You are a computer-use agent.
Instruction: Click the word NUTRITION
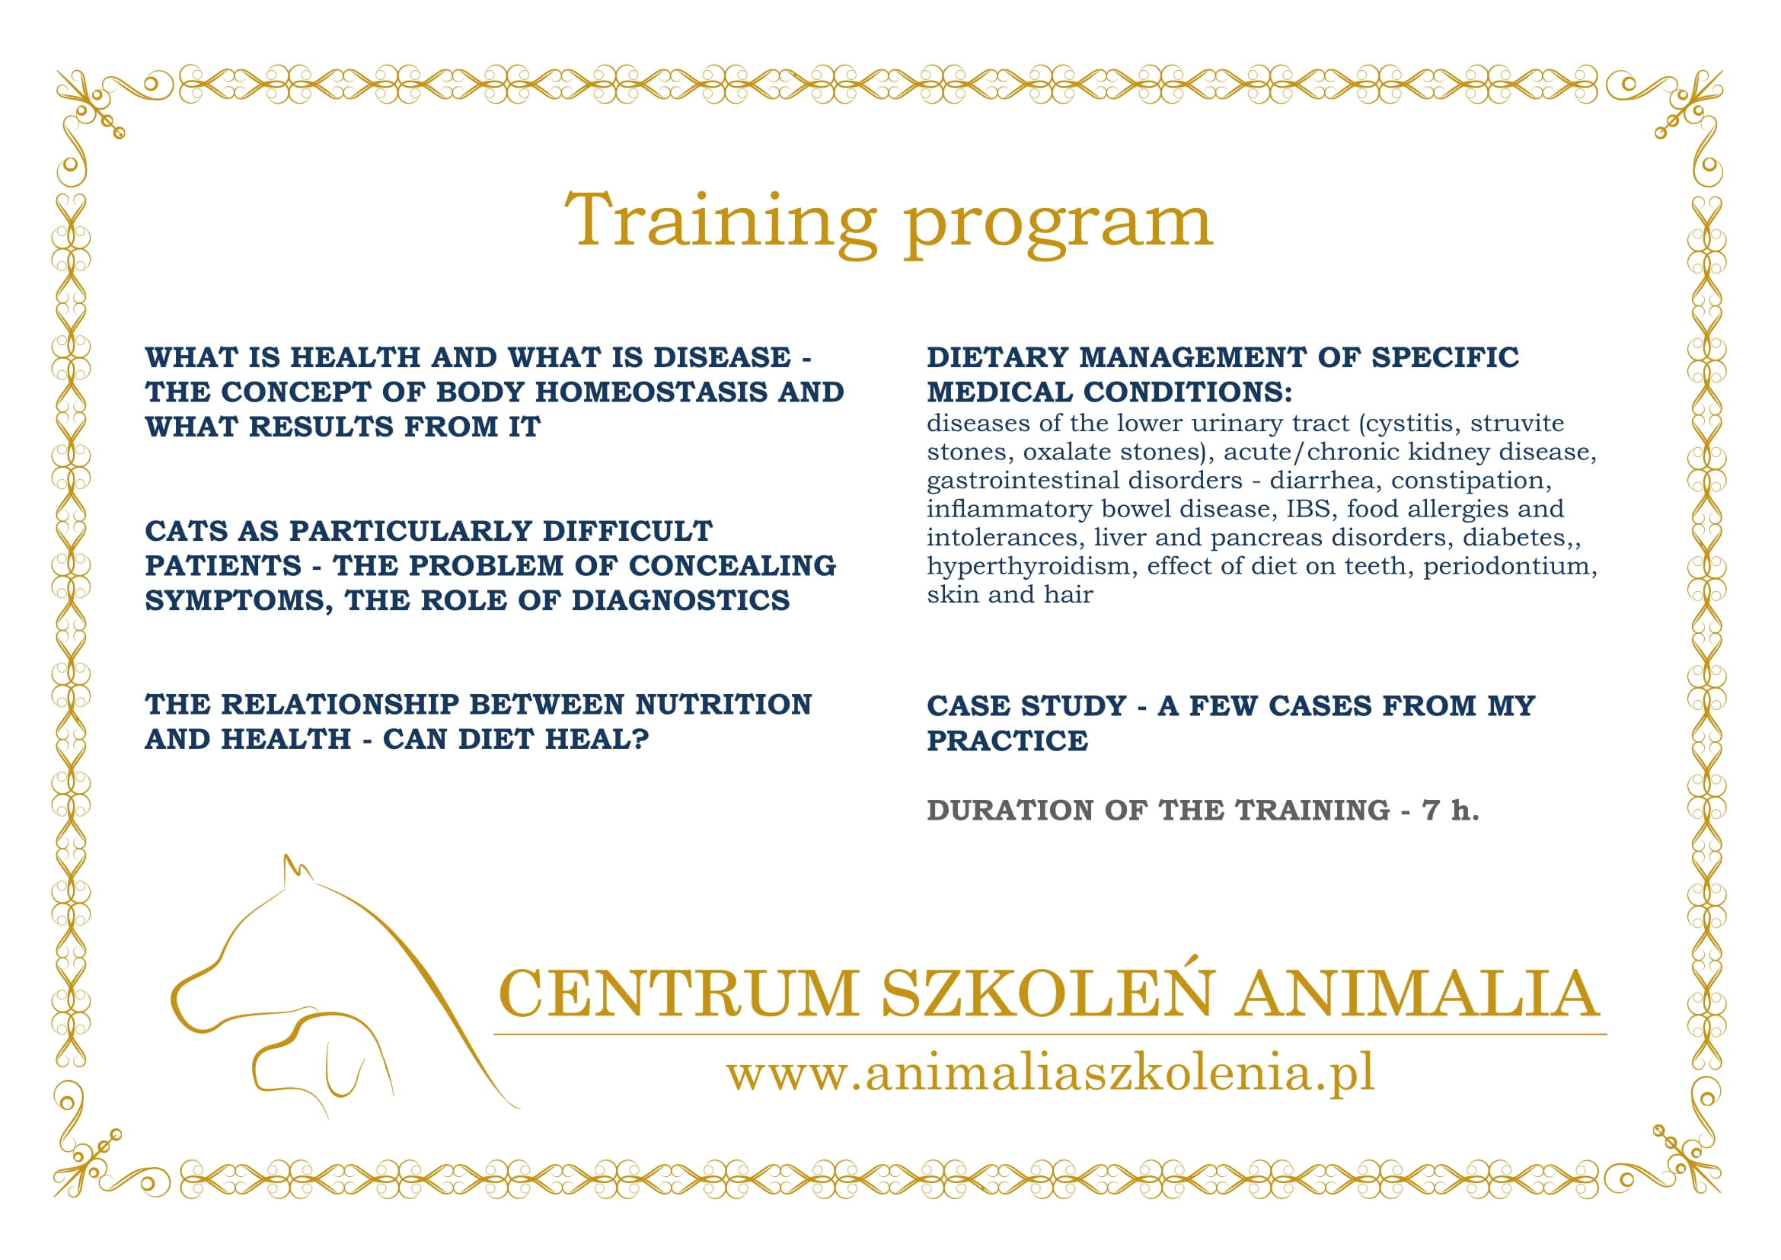(x=723, y=705)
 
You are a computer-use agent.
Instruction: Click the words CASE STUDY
(x=1026, y=706)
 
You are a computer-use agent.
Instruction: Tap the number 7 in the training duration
(x=1432, y=811)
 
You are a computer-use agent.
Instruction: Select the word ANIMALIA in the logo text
(x=1417, y=993)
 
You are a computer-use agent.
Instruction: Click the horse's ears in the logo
(x=297, y=871)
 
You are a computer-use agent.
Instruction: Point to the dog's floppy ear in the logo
(x=344, y=1070)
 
